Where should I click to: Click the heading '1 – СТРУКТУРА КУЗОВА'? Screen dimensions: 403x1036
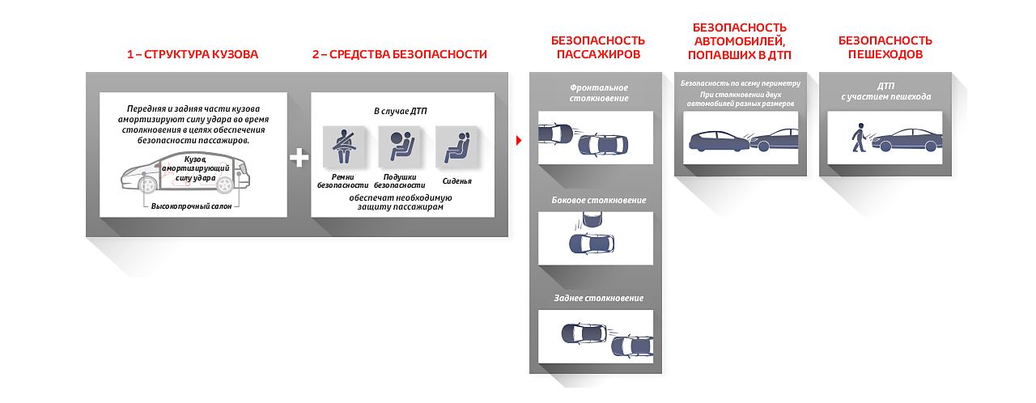coord(193,54)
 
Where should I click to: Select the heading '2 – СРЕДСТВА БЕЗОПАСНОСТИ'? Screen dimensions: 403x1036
coord(400,54)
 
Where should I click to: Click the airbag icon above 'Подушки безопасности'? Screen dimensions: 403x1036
coord(395,146)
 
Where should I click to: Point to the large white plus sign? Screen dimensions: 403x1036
coord(299,157)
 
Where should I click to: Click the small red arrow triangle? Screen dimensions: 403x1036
coord(518,139)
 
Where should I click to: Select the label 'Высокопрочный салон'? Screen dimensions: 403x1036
coord(192,206)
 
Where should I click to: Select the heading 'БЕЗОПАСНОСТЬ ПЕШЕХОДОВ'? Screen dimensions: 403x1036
coord(885,47)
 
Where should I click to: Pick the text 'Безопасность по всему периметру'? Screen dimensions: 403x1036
coord(740,83)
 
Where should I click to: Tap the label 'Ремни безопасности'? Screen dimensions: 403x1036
coord(338,180)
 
